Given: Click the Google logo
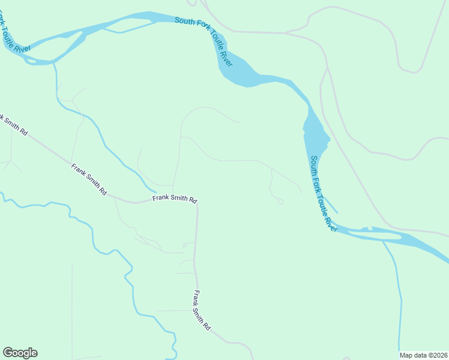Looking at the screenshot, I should pyautogui.click(x=20, y=353).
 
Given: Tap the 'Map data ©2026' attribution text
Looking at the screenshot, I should pyautogui.click(x=423, y=355).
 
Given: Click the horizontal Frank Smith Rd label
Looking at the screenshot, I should pyautogui.click(x=175, y=199).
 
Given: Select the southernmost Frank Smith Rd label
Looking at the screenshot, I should pyautogui.click(x=202, y=310).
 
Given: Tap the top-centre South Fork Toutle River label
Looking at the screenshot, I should pyautogui.click(x=203, y=41).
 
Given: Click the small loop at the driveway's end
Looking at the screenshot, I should pyautogui.click(x=280, y=202).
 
